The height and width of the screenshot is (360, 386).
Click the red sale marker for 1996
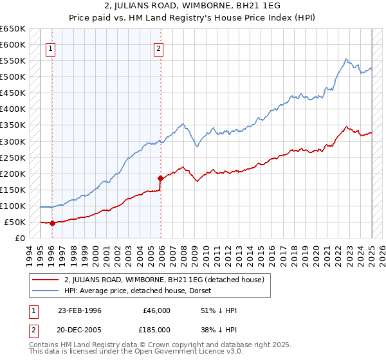pyautogui.click(x=52, y=224)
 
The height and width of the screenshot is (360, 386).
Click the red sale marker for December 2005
pyautogui.click(x=160, y=178)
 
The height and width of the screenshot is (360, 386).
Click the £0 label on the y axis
pyautogui.click(x=21, y=239)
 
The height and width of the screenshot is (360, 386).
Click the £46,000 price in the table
pyautogui.click(x=156, y=310)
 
